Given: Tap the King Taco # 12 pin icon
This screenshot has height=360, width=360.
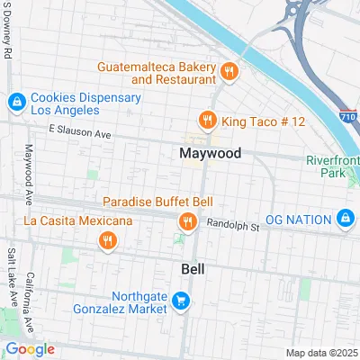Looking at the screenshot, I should pos(207,119).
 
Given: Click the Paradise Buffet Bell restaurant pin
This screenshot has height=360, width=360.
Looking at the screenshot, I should pos(188,221).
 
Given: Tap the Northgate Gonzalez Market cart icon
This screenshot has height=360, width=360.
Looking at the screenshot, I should pos(181,301).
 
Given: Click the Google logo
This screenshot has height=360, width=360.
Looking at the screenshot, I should pos(29,349).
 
